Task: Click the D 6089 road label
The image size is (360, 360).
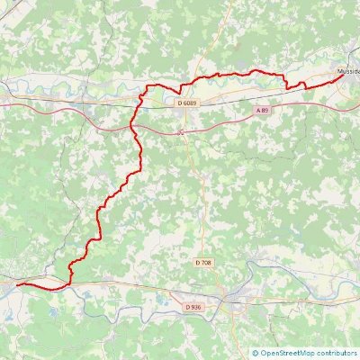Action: pos(188,103)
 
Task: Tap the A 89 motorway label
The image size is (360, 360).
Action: pos(262,110)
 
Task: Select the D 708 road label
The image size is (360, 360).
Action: pos(203,262)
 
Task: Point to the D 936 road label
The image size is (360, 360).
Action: pos(193,307)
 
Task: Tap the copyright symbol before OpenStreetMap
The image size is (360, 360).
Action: pos(256,354)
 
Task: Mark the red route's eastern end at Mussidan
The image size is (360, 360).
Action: pos(344,76)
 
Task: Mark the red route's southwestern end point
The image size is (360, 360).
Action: pos(17,284)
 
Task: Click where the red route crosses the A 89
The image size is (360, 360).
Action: pos(136,127)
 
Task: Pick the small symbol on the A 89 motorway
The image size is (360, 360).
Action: pos(181,132)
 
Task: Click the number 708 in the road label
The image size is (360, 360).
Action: pos(206,262)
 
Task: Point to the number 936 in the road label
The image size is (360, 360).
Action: pos(196,307)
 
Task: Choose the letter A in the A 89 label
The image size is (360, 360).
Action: pos(258,110)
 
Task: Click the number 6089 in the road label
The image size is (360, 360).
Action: pos(191,103)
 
